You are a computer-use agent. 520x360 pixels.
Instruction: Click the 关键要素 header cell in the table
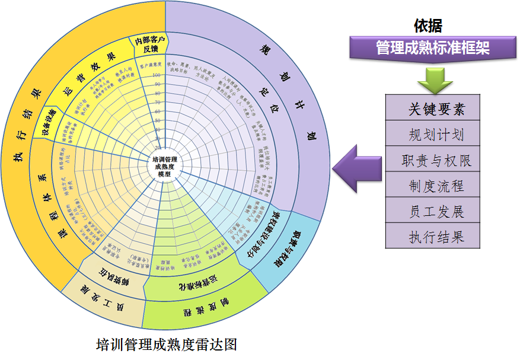coord(436,109)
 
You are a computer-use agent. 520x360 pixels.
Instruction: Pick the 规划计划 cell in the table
coord(436,135)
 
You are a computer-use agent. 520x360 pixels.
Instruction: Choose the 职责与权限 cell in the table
coord(436,160)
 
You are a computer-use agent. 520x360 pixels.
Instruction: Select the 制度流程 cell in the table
coord(436,186)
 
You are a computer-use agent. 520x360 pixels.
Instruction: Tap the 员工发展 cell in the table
coord(436,212)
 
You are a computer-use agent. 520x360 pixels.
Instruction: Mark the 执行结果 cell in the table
coord(436,237)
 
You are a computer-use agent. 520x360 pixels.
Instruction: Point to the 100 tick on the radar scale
coord(157,75)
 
